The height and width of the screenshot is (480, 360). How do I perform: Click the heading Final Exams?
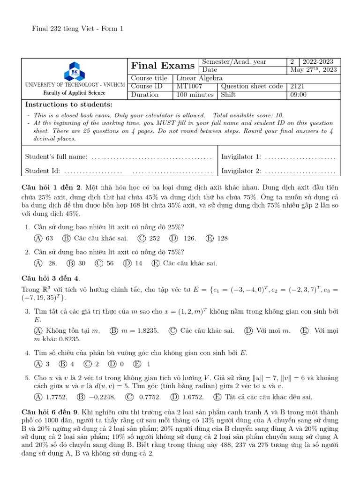click(163, 66)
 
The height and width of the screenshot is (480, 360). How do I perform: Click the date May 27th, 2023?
click(314, 70)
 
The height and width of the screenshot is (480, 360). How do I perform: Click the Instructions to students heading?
click(68, 104)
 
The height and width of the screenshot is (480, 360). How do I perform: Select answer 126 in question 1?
click(190, 238)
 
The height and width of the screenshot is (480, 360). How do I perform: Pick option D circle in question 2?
click(127, 263)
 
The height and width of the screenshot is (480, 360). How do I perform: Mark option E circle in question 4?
click(137, 364)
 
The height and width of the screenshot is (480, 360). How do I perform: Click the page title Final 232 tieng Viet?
click(77, 29)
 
